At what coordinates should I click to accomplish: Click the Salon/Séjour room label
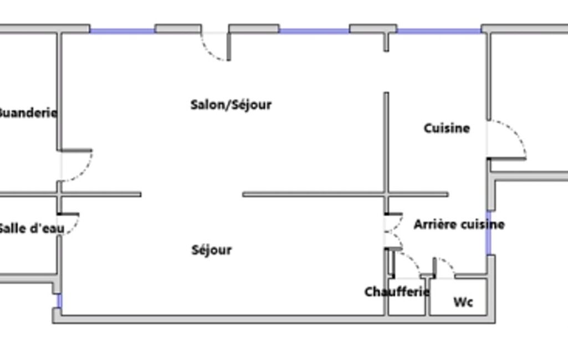(x=231, y=105)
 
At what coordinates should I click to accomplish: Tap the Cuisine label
(x=447, y=128)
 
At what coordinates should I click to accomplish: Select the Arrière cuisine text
(x=459, y=224)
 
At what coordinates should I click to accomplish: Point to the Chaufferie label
(x=397, y=291)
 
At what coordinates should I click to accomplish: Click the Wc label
(x=463, y=302)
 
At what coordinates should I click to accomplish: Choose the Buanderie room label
(x=28, y=113)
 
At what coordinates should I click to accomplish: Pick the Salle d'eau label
(x=32, y=229)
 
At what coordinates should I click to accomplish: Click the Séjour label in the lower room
(x=212, y=250)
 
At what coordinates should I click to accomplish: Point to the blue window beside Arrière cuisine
(x=489, y=233)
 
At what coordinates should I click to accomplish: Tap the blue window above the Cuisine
(x=439, y=31)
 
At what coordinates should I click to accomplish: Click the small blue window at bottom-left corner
(x=60, y=301)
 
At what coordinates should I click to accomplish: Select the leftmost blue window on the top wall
(x=122, y=31)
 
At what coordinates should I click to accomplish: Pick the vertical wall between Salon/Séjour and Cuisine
(x=386, y=143)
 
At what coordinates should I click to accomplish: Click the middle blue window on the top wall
(x=314, y=31)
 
